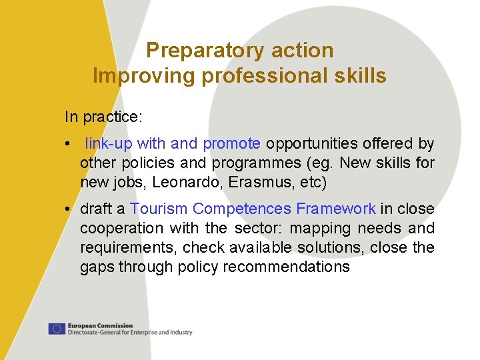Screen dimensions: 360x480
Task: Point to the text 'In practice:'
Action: [x=103, y=117]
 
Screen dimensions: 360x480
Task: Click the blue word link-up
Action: [x=109, y=143]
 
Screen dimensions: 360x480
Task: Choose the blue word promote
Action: [x=231, y=143]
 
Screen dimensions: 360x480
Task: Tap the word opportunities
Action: [x=313, y=143]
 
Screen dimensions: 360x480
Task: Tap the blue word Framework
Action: [x=336, y=209]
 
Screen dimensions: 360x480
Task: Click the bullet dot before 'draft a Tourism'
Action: [x=69, y=209]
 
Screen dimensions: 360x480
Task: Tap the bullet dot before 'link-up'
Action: [x=69, y=143]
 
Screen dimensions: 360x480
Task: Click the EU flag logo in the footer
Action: [x=56, y=329]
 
